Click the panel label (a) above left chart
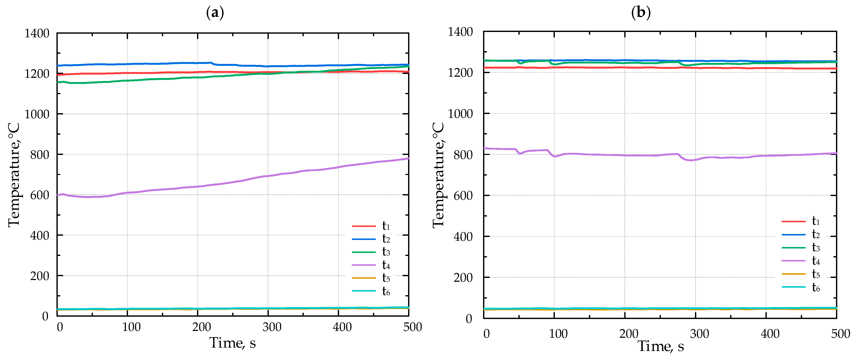[215, 13]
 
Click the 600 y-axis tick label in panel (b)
[463, 196]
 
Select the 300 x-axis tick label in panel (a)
[272, 327]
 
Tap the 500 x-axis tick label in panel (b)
[840, 334]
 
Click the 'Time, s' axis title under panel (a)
[232, 343]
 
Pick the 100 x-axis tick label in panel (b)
[558, 334]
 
